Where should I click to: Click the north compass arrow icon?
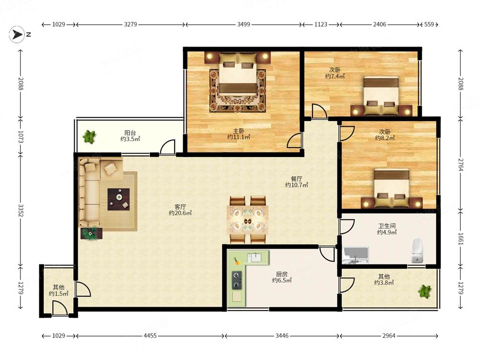[x=16, y=34]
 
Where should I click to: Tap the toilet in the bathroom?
[x=417, y=250]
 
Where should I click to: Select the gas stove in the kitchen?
[x=237, y=280]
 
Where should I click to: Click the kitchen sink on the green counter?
[x=254, y=257]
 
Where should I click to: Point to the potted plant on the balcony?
[x=89, y=136]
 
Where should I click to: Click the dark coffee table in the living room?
[x=119, y=199]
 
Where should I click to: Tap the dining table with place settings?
[x=248, y=220]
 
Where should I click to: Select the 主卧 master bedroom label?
[x=239, y=131]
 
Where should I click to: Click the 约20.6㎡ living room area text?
[x=180, y=213]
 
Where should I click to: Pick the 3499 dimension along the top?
[x=244, y=24]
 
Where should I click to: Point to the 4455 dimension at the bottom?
[x=150, y=336]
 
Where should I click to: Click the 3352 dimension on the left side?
[x=21, y=211]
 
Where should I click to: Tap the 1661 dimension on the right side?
[x=461, y=239]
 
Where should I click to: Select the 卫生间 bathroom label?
[x=387, y=226]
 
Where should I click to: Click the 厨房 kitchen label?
[x=282, y=274]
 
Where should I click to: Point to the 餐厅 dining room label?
[x=296, y=179]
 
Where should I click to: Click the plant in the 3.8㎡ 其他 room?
[x=425, y=291]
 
